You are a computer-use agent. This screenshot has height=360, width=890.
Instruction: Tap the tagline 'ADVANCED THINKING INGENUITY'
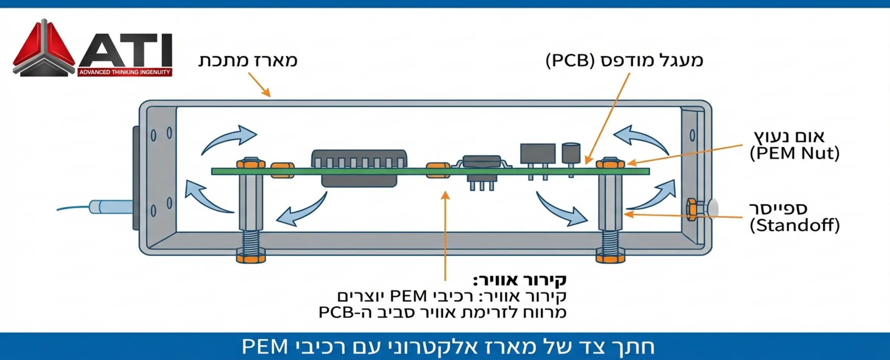pos(125,72)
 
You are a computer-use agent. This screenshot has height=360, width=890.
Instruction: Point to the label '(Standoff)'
pos(795,226)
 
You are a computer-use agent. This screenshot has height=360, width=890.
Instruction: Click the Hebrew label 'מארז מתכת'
pos(248,60)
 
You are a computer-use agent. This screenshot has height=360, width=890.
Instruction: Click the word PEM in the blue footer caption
pos(265,346)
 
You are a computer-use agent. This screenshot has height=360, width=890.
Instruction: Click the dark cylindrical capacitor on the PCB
pos(571,153)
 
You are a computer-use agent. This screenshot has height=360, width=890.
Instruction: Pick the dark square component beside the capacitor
pos(537,153)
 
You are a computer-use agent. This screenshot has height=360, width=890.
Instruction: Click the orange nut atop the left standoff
pos(251,163)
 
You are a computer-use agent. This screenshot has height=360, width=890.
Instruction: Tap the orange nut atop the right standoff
pos(610,163)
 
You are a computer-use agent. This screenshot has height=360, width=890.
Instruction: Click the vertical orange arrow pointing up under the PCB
pos(446,234)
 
